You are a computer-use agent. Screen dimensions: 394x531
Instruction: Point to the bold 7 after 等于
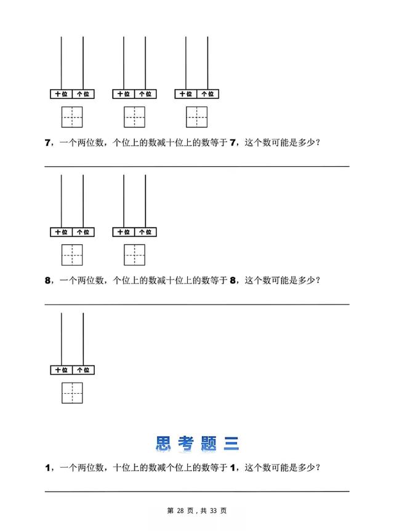(x=233, y=143)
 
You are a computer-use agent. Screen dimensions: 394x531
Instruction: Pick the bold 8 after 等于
(x=233, y=281)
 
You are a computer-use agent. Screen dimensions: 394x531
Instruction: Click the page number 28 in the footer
(x=180, y=511)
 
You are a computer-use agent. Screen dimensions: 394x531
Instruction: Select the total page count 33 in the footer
(x=213, y=511)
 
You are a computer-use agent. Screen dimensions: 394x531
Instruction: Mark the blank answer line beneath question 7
(x=197, y=166)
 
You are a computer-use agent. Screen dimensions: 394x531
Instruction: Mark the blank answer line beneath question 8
(x=197, y=304)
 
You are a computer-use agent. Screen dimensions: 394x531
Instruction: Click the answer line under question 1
(x=197, y=490)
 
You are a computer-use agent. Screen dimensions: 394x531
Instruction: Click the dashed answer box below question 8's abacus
(x=72, y=393)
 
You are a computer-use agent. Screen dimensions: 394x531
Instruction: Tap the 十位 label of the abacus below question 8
(x=61, y=370)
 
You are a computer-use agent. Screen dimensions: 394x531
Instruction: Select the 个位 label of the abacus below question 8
(x=83, y=370)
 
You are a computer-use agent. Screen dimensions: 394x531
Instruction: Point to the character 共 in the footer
(x=204, y=511)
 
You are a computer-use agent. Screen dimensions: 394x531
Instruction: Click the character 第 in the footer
(x=171, y=511)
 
